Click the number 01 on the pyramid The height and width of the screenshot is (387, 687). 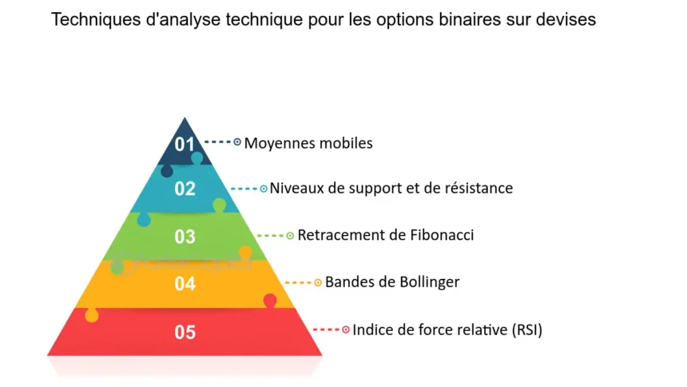point(185,144)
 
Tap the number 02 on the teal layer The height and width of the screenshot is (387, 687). point(185,189)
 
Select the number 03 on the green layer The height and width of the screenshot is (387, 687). point(185,237)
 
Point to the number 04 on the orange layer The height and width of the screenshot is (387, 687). point(185,284)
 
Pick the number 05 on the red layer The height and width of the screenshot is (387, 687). point(185,332)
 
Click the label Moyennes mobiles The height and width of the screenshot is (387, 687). point(308,143)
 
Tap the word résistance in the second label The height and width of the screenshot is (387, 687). point(479,188)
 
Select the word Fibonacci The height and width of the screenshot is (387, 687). point(442,235)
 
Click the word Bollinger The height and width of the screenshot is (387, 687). point(429,282)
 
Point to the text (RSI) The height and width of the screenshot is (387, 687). point(527,329)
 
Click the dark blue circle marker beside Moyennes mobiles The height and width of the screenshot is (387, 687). point(237,142)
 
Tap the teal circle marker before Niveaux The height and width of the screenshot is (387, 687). point(264,189)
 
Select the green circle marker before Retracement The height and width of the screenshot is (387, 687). point(290,236)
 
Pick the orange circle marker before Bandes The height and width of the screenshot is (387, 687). point(318,282)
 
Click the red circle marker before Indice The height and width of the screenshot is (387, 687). point(346,329)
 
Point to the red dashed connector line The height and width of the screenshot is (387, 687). point(326,329)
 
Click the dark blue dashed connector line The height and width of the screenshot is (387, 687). point(217,142)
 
